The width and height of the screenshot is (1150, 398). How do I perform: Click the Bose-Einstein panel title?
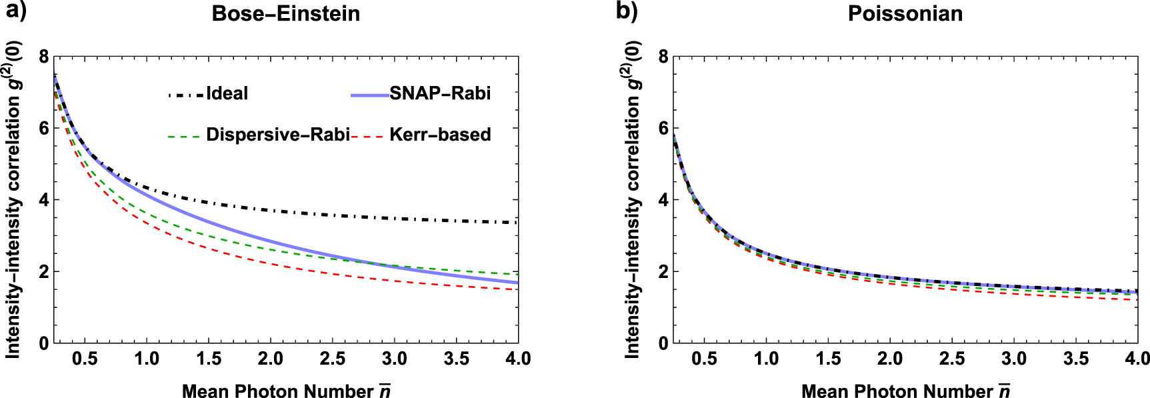click(x=285, y=14)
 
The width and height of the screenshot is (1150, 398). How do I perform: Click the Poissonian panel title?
click(x=905, y=14)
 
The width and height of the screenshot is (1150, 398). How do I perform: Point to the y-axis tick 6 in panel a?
click(x=44, y=128)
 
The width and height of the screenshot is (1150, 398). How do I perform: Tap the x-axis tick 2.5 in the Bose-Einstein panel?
click(x=333, y=359)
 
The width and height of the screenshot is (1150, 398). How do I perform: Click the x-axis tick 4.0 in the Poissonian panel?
click(x=1137, y=359)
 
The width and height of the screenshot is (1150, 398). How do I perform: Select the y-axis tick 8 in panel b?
click(x=663, y=57)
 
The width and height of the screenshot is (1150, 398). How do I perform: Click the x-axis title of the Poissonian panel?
click(x=905, y=391)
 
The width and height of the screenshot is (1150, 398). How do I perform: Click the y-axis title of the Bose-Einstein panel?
click(x=13, y=200)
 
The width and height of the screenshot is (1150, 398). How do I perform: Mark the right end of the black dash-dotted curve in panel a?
click(x=517, y=223)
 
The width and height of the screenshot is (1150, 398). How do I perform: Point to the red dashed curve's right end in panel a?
click(x=517, y=289)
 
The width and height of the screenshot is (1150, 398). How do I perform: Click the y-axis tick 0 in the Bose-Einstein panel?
click(x=44, y=343)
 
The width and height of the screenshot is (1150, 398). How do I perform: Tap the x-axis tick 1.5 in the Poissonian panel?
click(x=828, y=359)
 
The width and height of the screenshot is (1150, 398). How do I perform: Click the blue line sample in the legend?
click(x=370, y=96)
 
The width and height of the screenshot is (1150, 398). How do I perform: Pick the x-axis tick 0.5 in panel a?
click(x=85, y=359)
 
